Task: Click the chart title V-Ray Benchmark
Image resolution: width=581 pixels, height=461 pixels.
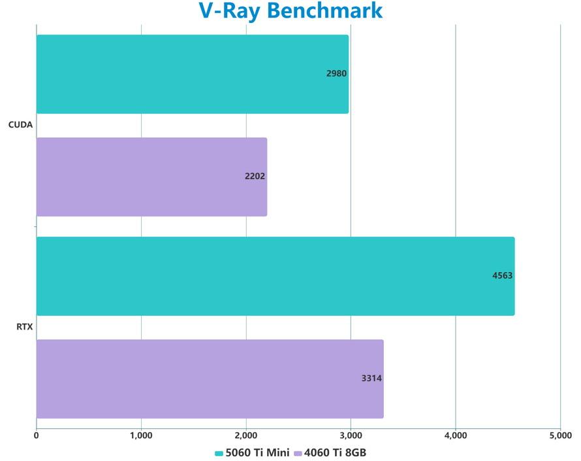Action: click(290, 11)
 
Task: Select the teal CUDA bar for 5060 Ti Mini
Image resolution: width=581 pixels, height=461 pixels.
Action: click(192, 74)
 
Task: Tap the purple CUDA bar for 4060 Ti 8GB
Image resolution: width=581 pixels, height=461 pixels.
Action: click(151, 177)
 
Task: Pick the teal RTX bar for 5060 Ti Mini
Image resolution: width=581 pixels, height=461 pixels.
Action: click(275, 276)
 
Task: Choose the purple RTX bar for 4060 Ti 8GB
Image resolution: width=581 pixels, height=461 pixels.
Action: click(210, 379)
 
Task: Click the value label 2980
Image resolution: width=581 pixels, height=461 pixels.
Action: click(336, 74)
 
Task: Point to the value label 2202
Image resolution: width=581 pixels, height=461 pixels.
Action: click(255, 177)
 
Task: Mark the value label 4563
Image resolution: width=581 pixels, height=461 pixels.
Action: click(502, 276)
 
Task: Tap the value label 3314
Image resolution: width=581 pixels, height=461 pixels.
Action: click(371, 379)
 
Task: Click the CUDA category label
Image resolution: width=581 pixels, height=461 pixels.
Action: click(20, 125)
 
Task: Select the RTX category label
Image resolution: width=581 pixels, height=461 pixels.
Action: click(24, 327)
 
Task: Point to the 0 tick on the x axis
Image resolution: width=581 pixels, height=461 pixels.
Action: click(37, 435)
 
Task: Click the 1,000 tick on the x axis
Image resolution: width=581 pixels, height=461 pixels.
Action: click(141, 435)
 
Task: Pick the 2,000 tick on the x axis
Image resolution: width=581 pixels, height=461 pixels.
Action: click(246, 435)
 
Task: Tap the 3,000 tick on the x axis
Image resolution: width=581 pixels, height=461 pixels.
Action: click(351, 435)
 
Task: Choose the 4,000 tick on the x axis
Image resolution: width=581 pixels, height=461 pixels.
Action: click(456, 435)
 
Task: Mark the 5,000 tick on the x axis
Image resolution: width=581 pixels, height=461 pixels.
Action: click(560, 435)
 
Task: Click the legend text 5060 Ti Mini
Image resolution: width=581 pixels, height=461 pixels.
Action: click(257, 452)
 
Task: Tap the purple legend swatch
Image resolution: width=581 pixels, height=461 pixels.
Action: click(298, 453)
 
